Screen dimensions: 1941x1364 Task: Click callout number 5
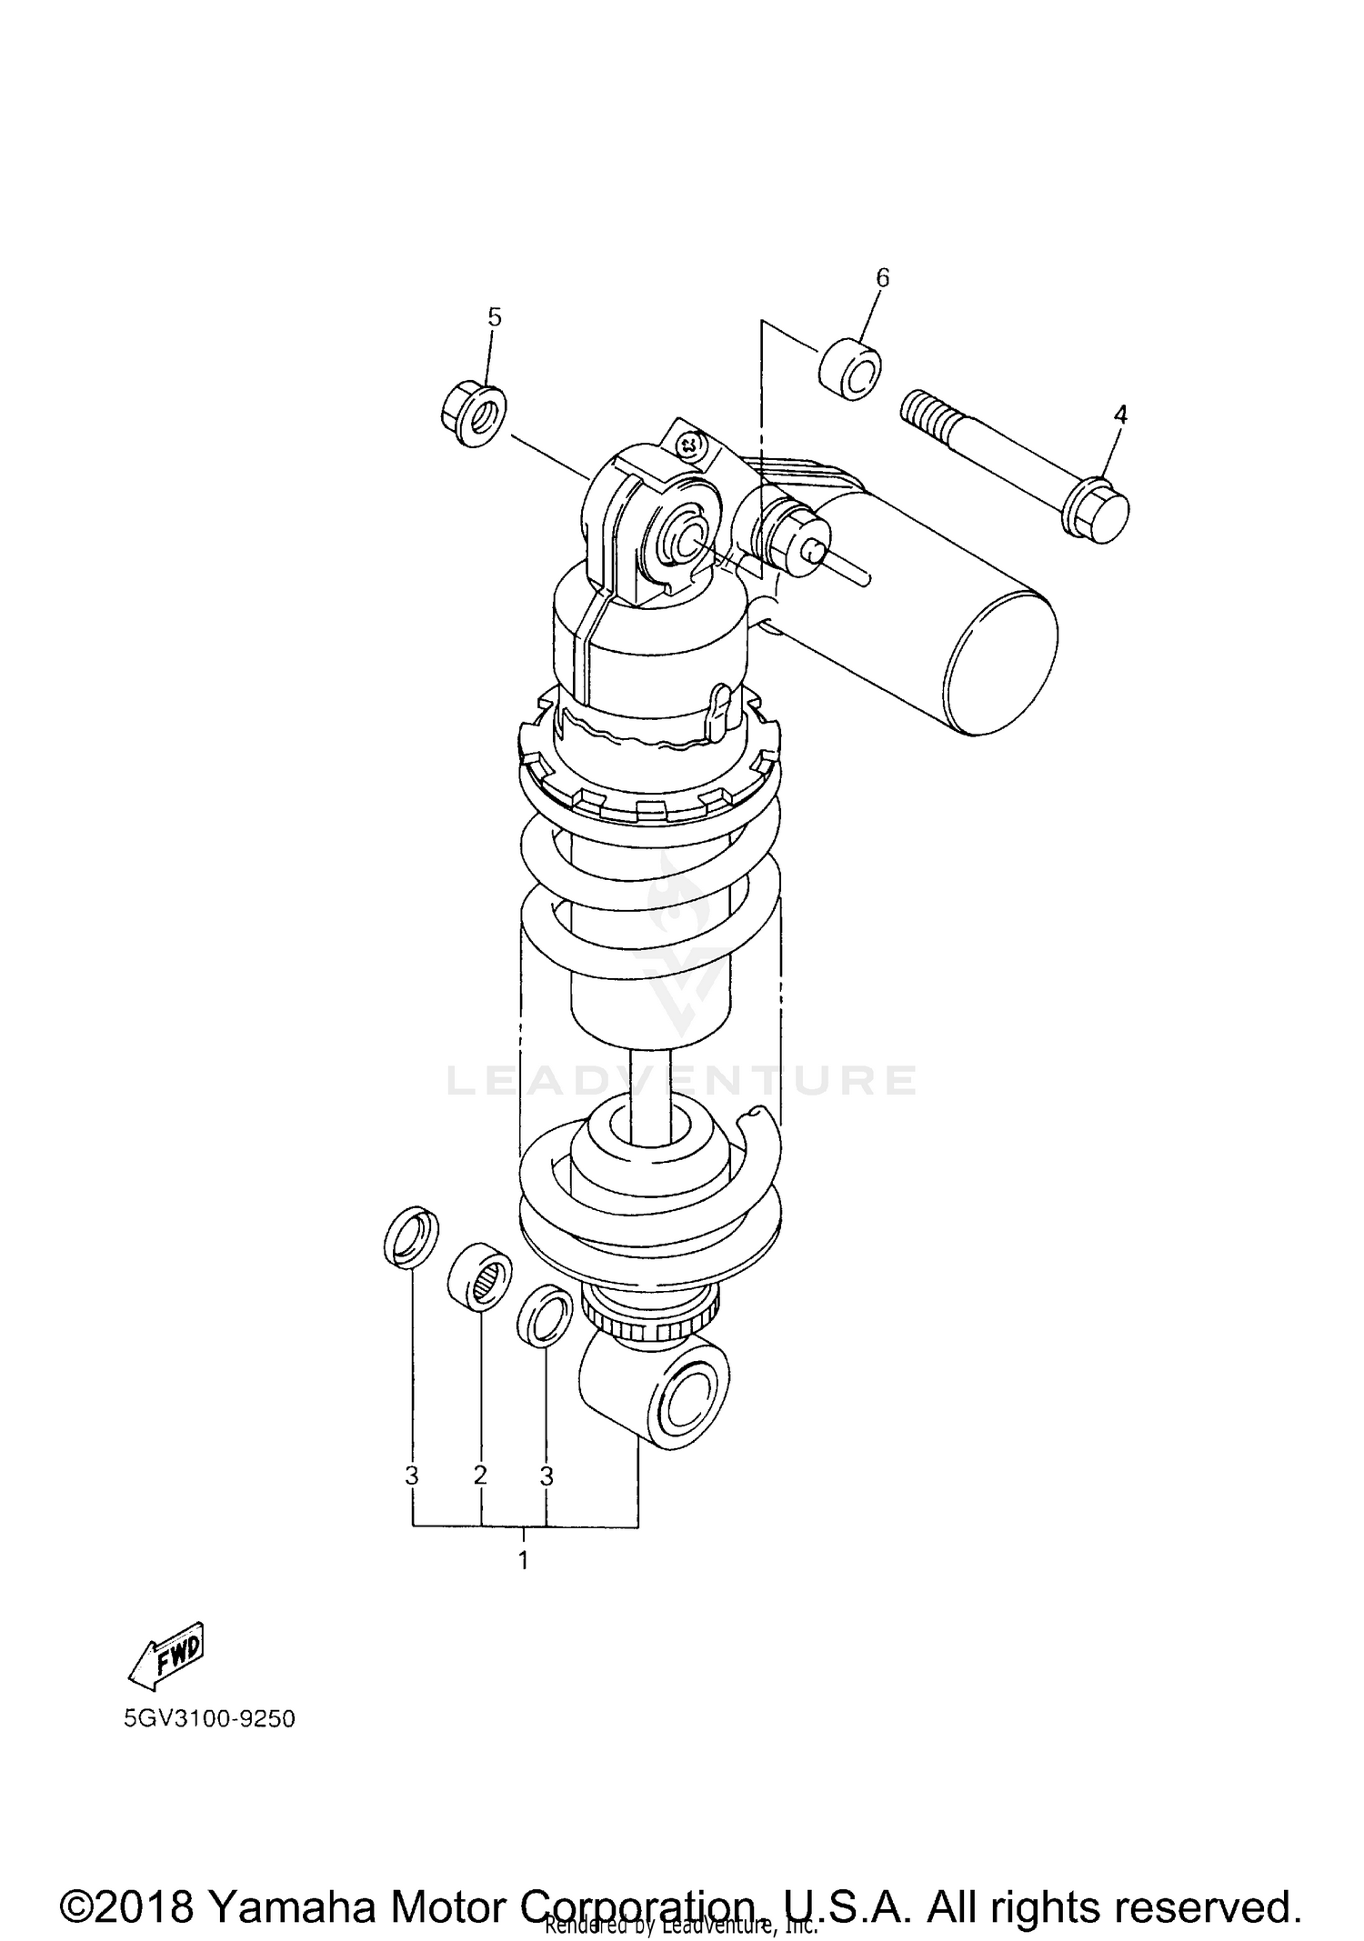coord(494,317)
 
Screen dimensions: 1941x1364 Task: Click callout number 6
coord(882,277)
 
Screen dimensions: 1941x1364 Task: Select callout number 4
coord(1120,415)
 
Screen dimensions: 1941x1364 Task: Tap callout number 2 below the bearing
coord(480,1475)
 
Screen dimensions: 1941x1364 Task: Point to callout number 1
coord(523,1561)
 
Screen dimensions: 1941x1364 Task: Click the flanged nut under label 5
coord(474,415)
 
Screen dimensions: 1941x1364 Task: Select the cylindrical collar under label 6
coord(851,370)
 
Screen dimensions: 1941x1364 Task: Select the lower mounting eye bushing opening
coord(688,1401)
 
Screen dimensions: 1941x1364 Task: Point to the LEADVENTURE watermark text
coord(682,1080)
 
